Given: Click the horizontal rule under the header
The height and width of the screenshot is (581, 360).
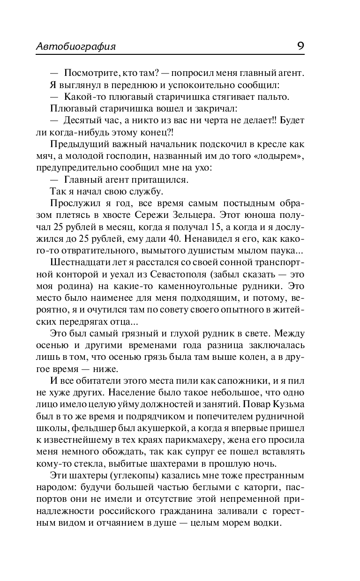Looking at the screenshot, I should [x=170, y=55].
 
